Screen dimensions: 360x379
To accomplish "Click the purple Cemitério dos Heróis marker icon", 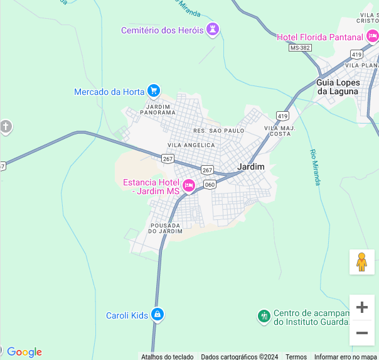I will click(x=213, y=30).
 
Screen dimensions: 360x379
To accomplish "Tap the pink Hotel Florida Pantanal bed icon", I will click(x=371, y=37).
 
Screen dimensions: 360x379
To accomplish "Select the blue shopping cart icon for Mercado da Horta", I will click(x=153, y=91).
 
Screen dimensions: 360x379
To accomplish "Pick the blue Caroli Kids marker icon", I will click(x=157, y=315).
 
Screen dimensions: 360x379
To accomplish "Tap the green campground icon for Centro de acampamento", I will click(x=264, y=315).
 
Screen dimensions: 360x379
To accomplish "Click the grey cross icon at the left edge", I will click(x=6, y=127).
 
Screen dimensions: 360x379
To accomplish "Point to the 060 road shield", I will click(x=210, y=184).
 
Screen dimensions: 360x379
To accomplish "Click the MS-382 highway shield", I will click(x=300, y=48).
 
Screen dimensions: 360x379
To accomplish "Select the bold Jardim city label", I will click(x=251, y=166).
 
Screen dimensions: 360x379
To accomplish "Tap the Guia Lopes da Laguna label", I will click(x=338, y=87).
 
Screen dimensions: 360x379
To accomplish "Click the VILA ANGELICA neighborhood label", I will click(x=191, y=145).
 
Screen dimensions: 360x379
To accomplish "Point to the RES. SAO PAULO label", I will click(x=218, y=130).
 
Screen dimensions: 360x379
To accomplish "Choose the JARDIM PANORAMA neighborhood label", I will click(x=157, y=109).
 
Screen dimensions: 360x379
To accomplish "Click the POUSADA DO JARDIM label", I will click(x=165, y=228).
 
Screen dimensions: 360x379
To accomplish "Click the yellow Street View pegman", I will click(x=361, y=261).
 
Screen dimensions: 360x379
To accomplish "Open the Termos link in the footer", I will click(x=296, y=356).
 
